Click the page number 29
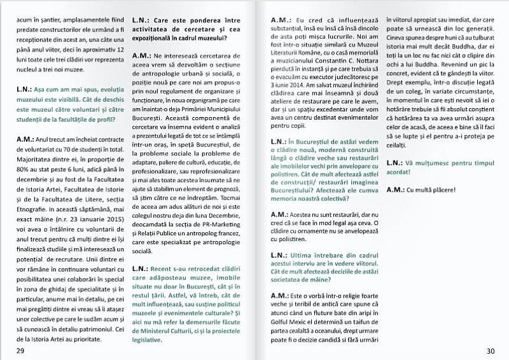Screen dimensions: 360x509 click(x=20, y=352)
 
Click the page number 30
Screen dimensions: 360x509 click(x=491, y=352)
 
